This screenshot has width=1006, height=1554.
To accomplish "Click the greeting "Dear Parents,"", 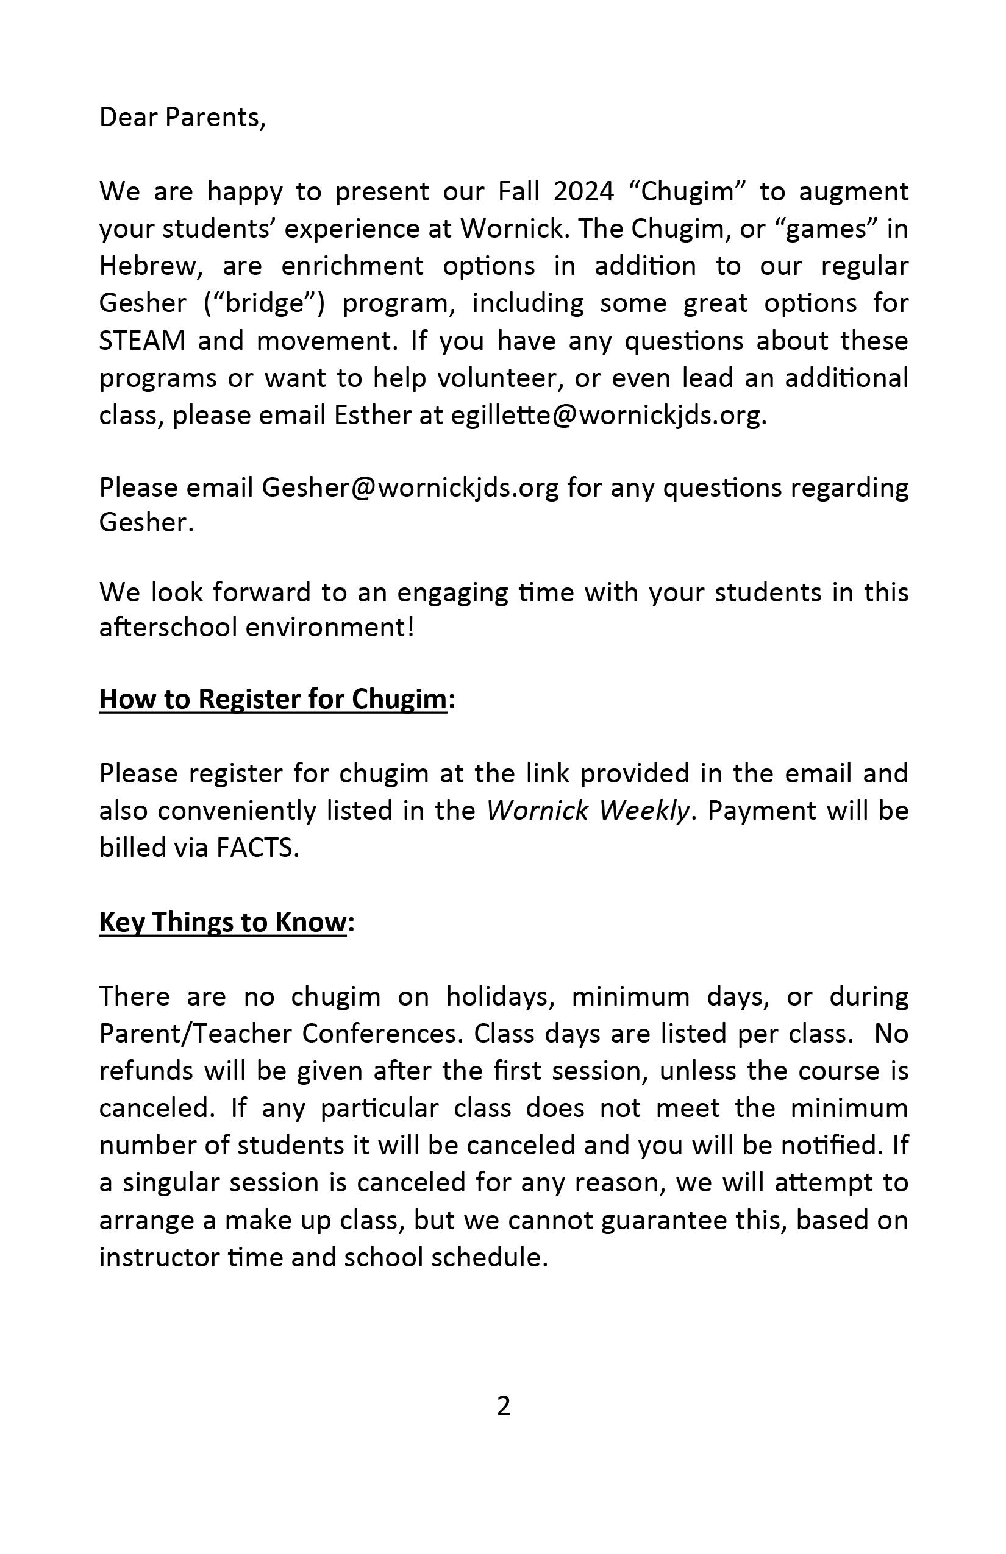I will [182, 118].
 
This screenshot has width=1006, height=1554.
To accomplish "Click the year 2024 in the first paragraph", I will [583, 192].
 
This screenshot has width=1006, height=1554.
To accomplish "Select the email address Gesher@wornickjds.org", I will [410, 488].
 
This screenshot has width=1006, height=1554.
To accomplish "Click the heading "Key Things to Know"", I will [222, 922].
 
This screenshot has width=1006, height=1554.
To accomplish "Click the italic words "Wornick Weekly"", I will [588, 811].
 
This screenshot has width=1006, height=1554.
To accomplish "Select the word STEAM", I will [143, 341].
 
